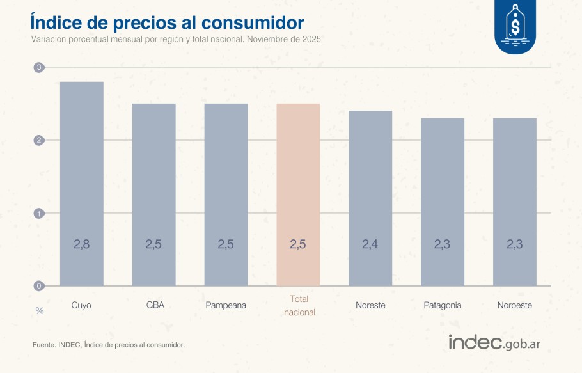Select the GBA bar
click(153, 194)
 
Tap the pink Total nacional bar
click(298, 194)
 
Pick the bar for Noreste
click(370, 198)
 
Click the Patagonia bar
click(443, 202)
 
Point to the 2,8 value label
click(81, 244)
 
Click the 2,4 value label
click(370, 244)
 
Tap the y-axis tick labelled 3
click(39, 67)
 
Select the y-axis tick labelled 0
click(39, 286)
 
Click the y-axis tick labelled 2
click(39, 140)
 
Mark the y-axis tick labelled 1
click(39, 213)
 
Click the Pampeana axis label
click(226, 305)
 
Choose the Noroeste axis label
click(514, 305)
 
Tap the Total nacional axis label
click(298, 305)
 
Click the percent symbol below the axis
click(40, 311)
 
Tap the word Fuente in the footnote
click(43, 345)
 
